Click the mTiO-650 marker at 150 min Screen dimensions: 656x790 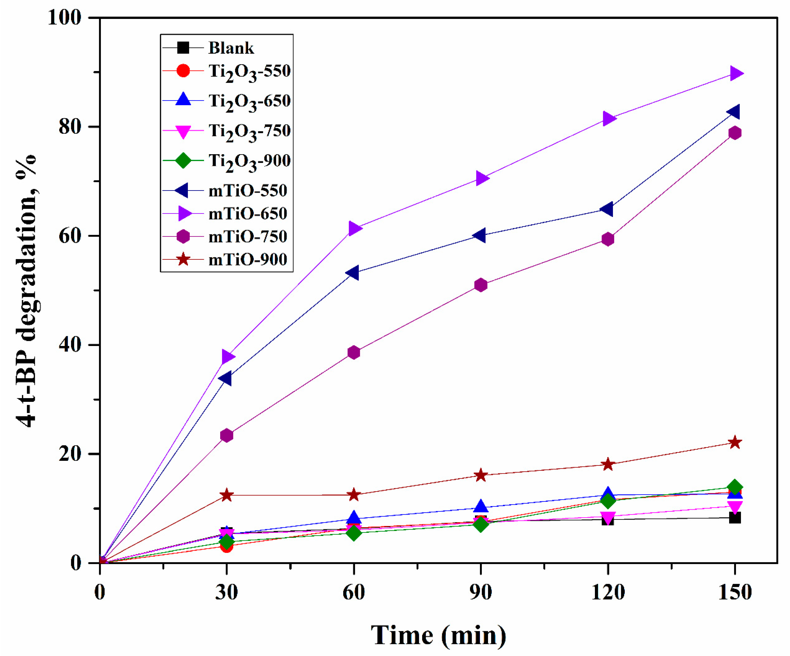click(736, 73)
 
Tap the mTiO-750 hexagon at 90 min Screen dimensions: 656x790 click(481, 285)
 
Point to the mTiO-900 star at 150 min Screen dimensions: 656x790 click(735, 443)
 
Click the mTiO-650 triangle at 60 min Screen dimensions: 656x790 click(354, 228)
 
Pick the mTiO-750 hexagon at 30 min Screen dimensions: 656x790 click(227, 435)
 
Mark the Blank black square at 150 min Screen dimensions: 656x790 click(735, 518)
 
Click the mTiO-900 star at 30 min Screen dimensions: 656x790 click(227, 495)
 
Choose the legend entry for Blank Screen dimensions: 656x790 click(231, 48)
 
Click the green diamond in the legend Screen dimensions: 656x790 click(183, 161)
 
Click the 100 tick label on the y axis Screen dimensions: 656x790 click(65, 18)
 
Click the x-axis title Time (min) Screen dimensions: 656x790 click(439, 635)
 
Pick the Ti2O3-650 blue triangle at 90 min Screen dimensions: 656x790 click(481, 506)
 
